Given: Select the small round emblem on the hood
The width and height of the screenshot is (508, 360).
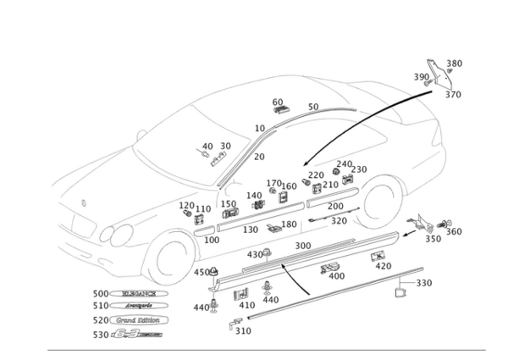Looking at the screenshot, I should (82, 202).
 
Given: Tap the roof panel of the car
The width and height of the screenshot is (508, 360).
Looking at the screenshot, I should (279, 93).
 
